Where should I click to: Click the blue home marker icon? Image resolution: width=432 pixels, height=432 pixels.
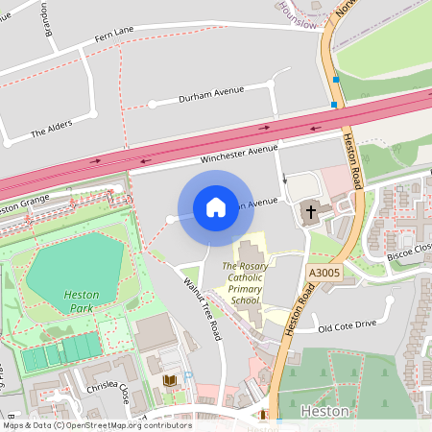tap(215, 207)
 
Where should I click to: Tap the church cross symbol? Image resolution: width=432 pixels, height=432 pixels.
tap(310, 211)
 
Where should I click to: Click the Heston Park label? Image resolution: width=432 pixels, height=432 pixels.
tap(81, 301)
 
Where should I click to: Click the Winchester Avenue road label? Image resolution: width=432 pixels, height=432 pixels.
tap(238, 155)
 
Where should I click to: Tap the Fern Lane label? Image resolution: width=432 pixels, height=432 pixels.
tap(114, 36)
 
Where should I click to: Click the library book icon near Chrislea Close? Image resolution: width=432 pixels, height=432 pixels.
tap(171, 382)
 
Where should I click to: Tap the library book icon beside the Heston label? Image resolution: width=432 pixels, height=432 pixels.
tap(265, 415)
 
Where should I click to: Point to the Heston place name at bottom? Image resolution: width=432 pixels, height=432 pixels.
tap(317, 411)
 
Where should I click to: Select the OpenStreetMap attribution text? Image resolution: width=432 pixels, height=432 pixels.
tap(97, 424)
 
